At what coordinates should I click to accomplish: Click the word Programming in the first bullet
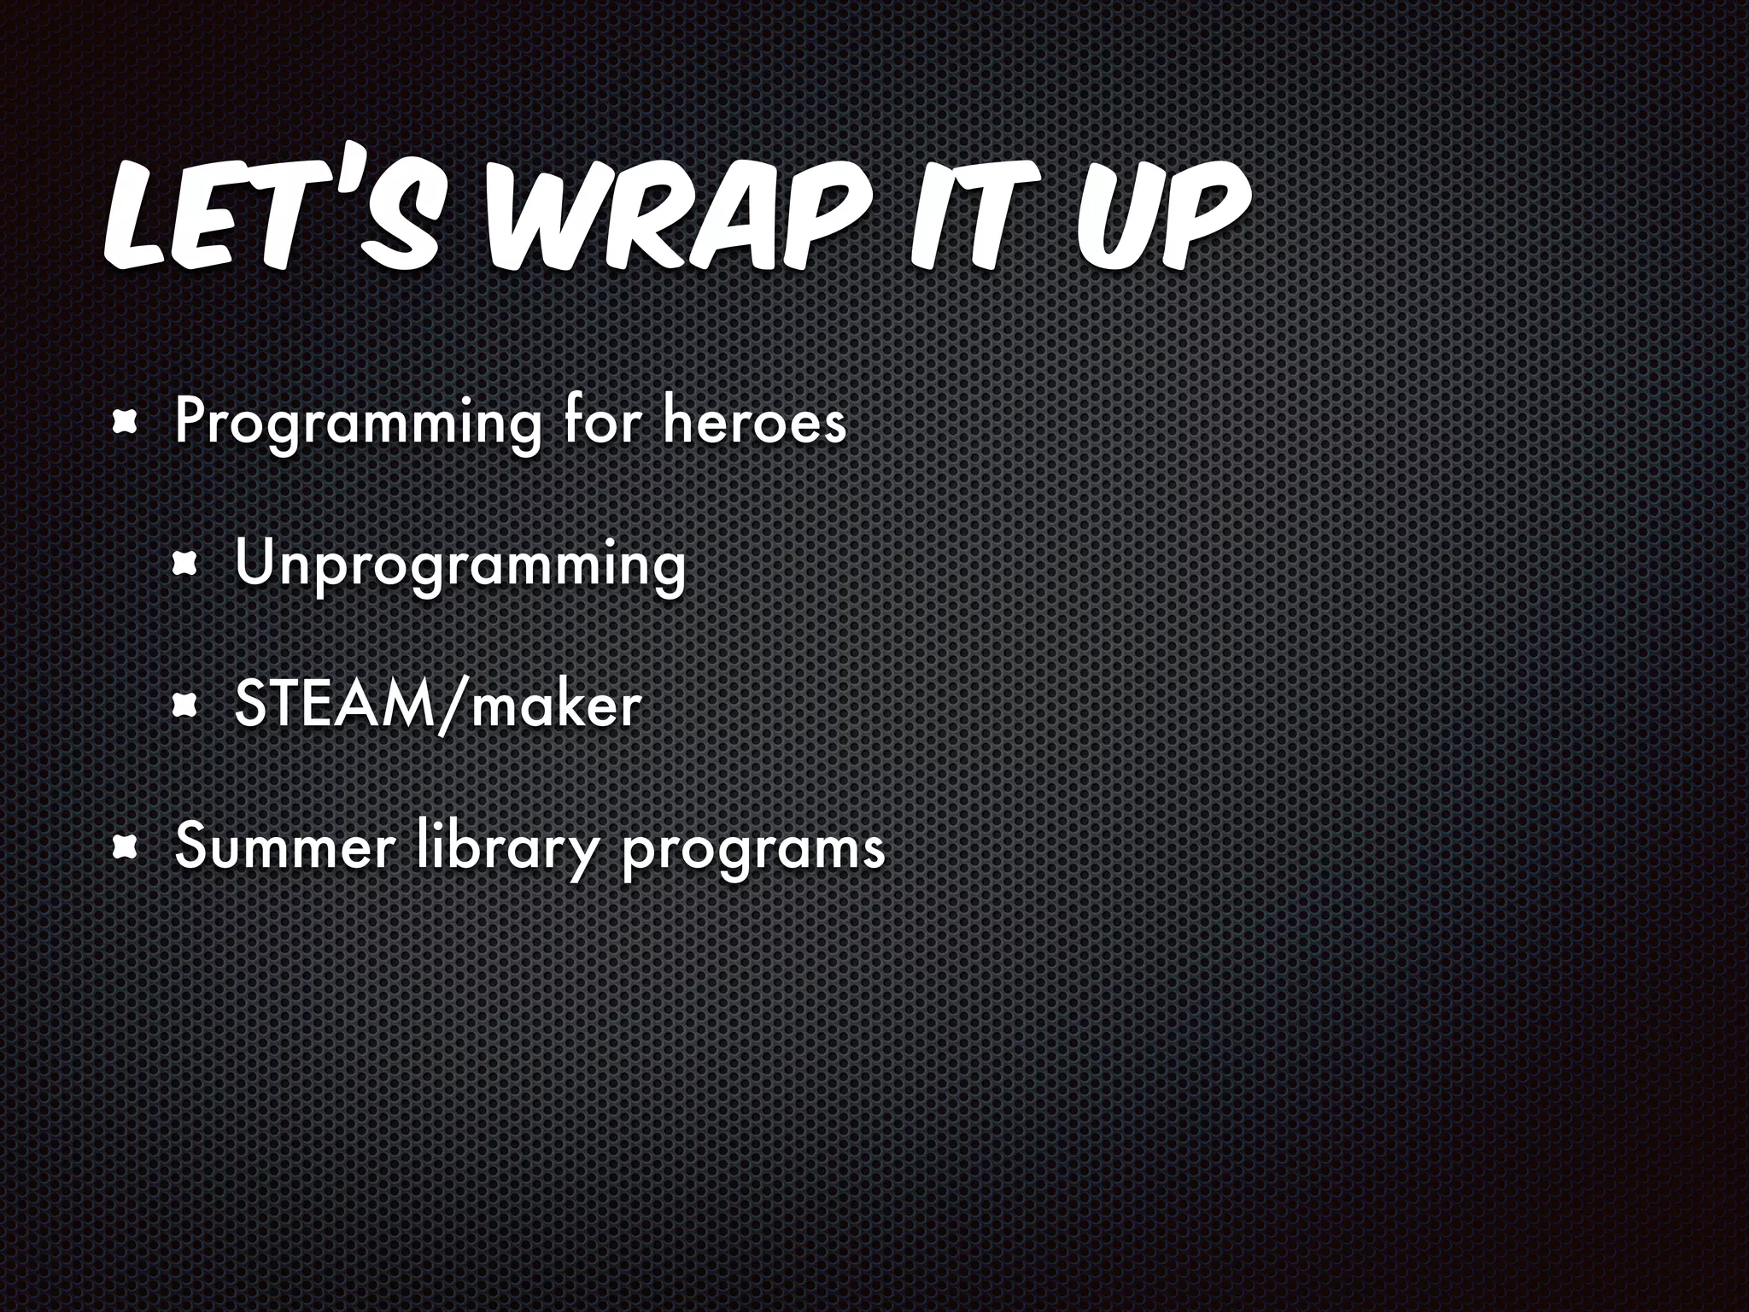[357, 422]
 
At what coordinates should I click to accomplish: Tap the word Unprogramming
[459, 566]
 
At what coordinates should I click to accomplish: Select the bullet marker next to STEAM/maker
[186, 706]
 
